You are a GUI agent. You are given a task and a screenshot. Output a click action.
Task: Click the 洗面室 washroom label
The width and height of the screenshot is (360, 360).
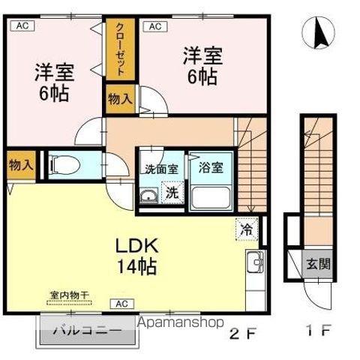pos(160,168)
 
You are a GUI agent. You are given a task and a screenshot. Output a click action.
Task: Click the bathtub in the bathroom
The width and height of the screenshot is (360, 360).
pos(212,197)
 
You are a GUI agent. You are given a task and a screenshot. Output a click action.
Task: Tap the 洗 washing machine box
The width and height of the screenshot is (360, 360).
pos(172,192)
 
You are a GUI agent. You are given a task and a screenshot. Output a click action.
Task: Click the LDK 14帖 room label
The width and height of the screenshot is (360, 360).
pos(135,255)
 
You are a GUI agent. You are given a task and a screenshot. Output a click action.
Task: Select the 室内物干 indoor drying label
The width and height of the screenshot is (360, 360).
pos(70,295)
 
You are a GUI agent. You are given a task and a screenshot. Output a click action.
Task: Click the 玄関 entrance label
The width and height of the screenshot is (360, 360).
pos(316,264)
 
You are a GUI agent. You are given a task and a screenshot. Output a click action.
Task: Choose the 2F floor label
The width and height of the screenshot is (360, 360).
pos(238,333)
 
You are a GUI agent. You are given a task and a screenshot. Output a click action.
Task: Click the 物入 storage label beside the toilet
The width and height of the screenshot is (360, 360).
pos(20,166)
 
